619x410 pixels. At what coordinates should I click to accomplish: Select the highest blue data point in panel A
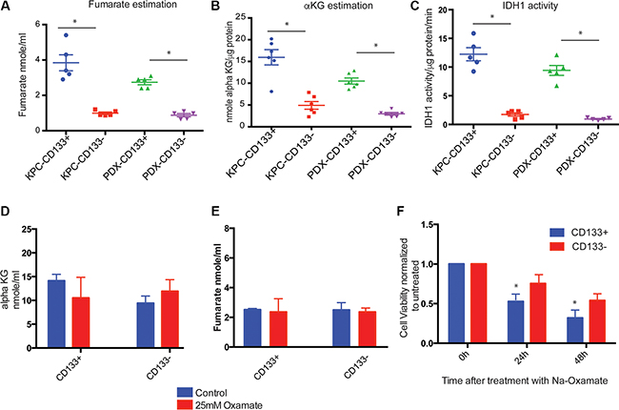point(68,35)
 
